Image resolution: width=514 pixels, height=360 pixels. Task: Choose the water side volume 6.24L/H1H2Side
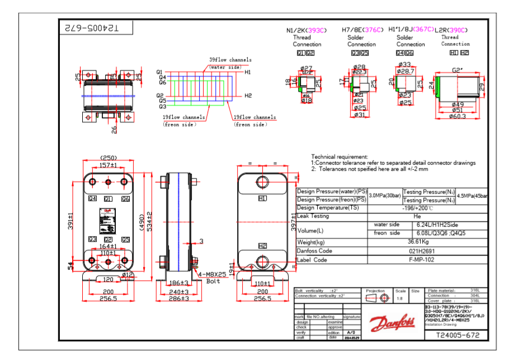click(x=436, y=225)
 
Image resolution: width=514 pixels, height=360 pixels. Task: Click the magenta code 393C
click(x=316, y=30)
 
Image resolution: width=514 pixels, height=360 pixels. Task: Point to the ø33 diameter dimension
click(x=404, y=65)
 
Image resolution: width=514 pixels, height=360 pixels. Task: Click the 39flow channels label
click(x=230, y=60)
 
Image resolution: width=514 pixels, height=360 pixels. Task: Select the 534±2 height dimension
click(x=149, y=216)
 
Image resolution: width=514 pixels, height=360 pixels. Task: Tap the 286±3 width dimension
click(x=180, y=299)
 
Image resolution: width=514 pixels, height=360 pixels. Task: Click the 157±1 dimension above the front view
click(x=108, y=165)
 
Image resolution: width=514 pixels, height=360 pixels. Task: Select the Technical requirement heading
click(x=339, y=157)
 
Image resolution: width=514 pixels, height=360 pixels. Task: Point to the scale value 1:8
click(x=400, y=299)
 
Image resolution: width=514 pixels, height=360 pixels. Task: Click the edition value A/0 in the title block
click(x=351, y=333)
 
